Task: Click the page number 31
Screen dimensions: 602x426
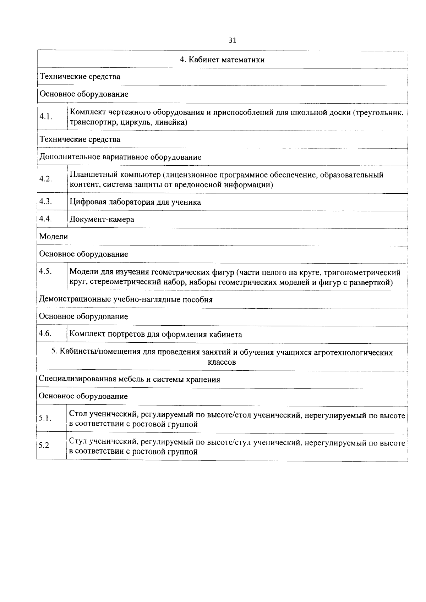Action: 232,40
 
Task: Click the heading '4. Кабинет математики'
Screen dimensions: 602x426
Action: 222,60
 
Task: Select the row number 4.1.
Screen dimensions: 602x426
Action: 46,117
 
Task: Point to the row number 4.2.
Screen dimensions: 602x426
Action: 46,179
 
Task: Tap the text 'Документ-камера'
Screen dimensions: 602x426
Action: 102,220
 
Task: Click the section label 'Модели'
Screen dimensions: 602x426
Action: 53,236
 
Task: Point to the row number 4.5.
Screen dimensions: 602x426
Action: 46,271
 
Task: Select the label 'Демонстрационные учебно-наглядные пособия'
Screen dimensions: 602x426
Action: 125,299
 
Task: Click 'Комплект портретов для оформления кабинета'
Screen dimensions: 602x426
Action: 155,335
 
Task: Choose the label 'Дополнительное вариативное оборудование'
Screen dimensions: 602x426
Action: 120,157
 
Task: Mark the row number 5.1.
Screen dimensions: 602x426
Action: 45,418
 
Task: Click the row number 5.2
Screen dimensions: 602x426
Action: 44,446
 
